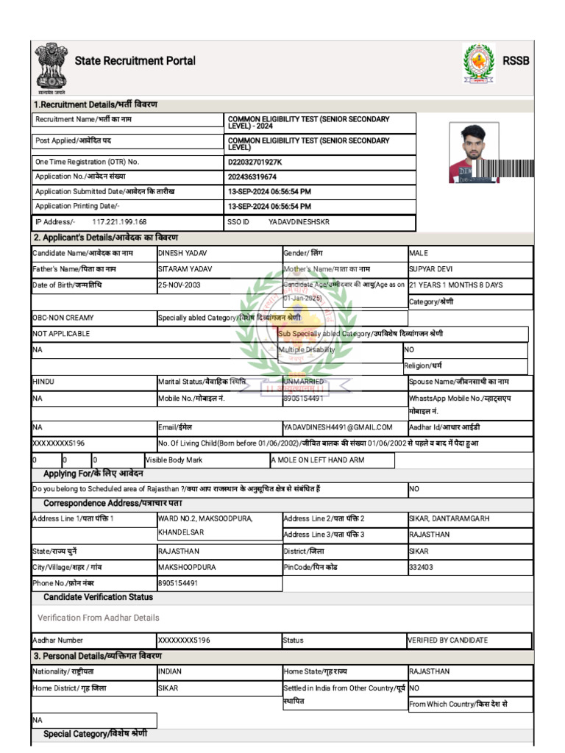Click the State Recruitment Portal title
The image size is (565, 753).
(x=135, y=61)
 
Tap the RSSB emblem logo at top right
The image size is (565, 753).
(x=479, y=63)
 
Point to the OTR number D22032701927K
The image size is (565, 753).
(x=255, y=162)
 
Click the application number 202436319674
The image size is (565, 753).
(x=252, y=177)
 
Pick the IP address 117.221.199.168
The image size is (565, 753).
(x=119, y=222)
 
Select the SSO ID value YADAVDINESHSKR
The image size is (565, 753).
(x=299, y=222)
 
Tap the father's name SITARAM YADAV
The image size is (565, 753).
(x=185, y=269)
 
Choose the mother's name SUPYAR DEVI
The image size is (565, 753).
(x=431, y=269)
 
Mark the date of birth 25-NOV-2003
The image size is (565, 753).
(x=179, y=285)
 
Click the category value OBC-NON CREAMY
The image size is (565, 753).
(x=63, y=318)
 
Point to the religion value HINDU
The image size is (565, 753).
(x=43, y=382)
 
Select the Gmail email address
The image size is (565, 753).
(x=338, y=427)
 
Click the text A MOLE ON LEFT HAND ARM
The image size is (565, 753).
(x=317, y=460)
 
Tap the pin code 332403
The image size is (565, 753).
(x=424, y=567)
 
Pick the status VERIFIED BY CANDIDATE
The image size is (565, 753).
(x=448, y=640)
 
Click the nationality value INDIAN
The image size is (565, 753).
(x=170, y=672)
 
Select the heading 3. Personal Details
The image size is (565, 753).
(x=97, y=656)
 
